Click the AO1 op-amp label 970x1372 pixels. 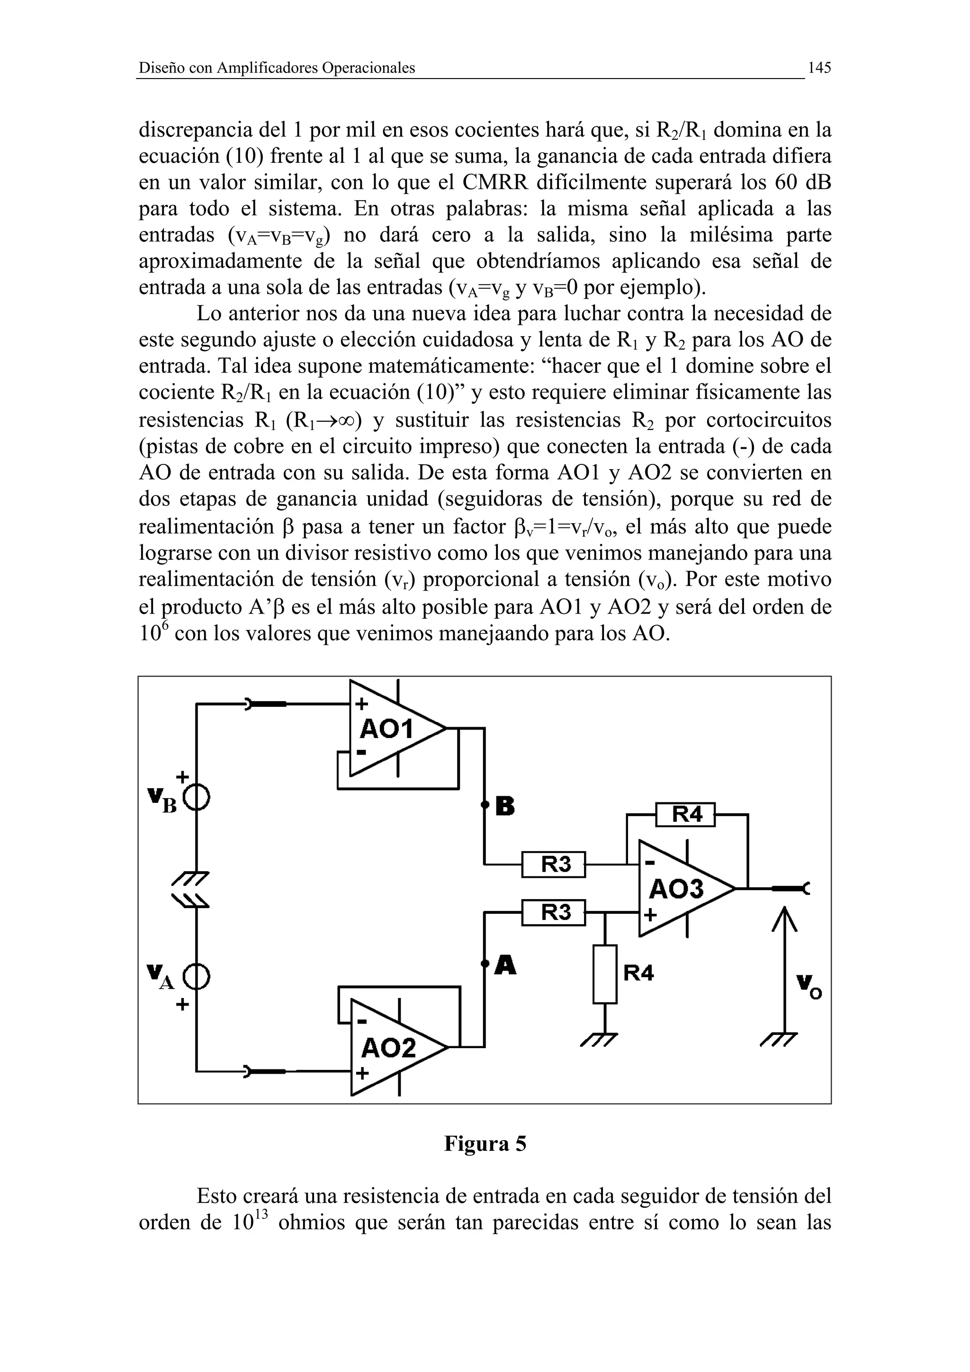click(x=386, y=729)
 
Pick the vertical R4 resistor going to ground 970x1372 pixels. click(x=605, y=975)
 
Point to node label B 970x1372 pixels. click(x=505, y=807)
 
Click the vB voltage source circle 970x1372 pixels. click(x=197, y=798)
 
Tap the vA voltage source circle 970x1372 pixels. click(x=197, y=978)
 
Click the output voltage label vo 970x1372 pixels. click(x=808, y=986)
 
